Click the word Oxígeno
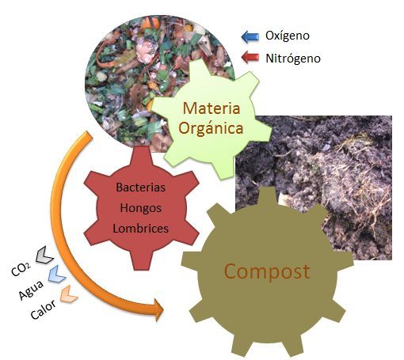(x=288, y=36)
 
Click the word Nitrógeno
(x=293, y=59)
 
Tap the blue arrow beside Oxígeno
(x=250, y=36)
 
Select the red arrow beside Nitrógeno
(x=250, y=57)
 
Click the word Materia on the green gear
(x=212, y=108)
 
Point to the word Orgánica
(x=211, y=129)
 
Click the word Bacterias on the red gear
(x=141, y=188)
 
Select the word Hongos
(x=141, y=208)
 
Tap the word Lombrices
(x=141, y=229)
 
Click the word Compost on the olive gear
(x=267, y=272)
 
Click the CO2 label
(x=21, y=269)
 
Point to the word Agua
(x=31, y=290)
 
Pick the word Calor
(x=43, y=309)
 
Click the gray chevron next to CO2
(x=44, y=255)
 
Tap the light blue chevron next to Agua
(x=57, y=274)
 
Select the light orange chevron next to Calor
(x=69, y=294)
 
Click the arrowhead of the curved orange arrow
(x=158, y=310)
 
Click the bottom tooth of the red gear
(x=140, y=260)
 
